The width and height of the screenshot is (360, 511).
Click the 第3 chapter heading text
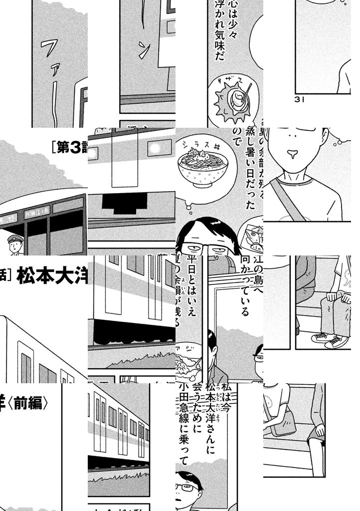(x=69, y=147)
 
